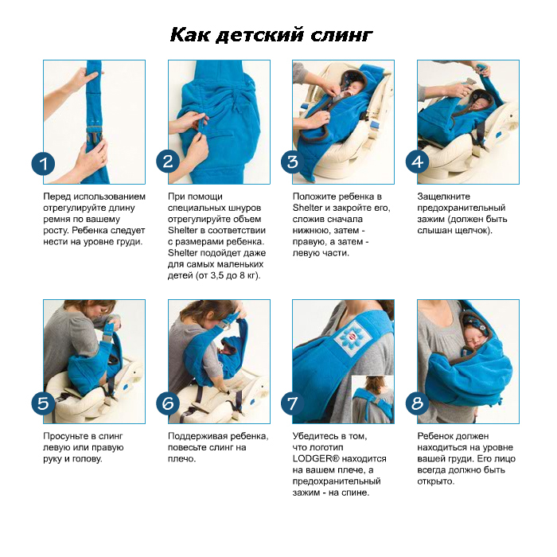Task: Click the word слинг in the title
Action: (x=341, y=36)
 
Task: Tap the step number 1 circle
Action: (x=43, y=164)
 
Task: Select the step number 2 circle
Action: (x=168, y=162)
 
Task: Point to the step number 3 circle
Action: (x=292, y=162)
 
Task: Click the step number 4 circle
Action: (x=418, y=162)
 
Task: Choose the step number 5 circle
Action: (x=43, y=403)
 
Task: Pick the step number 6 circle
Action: (x=168, y=403)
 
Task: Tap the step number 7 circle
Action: (x=292, y=403)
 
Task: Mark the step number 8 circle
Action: (x=418, y=403)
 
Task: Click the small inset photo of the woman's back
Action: (x=372, y=399)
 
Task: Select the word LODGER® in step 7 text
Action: (x=316, y=458)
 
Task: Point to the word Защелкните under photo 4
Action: (x=444, y=197)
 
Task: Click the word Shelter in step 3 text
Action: (x=307, y=208)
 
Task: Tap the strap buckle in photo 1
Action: (x=94, y=136)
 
